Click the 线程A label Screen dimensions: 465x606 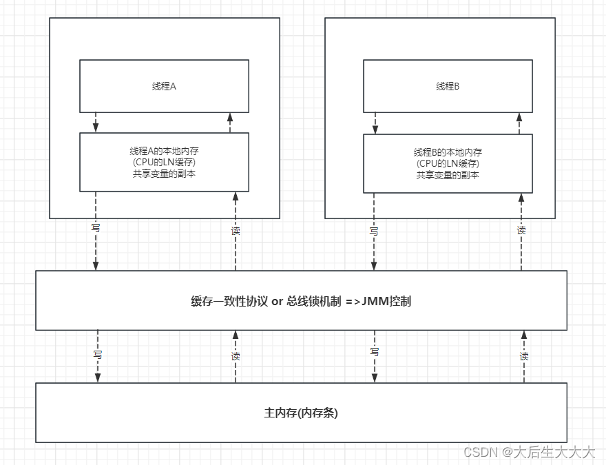click(164, 87)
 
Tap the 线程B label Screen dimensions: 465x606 click(448, 87)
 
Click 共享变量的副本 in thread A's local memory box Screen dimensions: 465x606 click(164, 174)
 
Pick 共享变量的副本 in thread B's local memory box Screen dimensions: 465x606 click(448, 175)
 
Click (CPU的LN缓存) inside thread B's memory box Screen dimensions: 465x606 click(448, 163)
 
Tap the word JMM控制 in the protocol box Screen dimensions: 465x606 click(389, 301)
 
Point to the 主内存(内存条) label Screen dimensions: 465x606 click(301, 413)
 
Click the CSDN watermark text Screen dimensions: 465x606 click(480, 452)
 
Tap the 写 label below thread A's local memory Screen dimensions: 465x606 click(96, 227)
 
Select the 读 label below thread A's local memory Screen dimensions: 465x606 click(236, 230)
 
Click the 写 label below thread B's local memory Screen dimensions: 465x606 click(374, 231)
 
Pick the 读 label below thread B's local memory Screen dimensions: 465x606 click(521, 230)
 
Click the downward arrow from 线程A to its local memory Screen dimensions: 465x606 click(96, 123)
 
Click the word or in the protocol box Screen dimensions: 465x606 click(278, 301)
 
